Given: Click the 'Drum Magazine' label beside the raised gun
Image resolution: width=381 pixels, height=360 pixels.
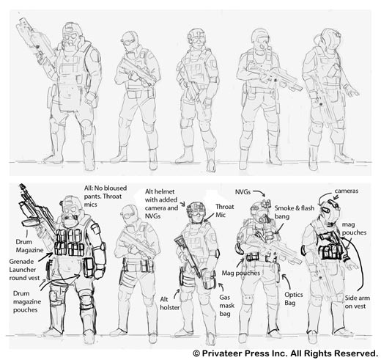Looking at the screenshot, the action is click(29, 246).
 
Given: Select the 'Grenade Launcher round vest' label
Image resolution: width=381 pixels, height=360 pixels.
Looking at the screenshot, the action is click(24, 270).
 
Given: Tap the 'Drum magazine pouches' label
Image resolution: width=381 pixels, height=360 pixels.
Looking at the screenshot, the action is click(27, 301).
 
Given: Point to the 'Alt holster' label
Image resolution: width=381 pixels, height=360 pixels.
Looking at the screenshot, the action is click(170, 304).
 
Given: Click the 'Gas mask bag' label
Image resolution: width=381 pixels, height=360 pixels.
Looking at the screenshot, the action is click(226, 306).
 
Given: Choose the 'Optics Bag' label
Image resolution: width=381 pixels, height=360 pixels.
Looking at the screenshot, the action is click(294, 298).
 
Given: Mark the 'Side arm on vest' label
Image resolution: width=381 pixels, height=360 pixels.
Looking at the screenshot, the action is click(358, 302).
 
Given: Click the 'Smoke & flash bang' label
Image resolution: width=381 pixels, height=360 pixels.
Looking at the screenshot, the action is click(295, 212).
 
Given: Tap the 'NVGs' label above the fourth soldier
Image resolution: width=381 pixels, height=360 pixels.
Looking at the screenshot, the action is click(243, 192).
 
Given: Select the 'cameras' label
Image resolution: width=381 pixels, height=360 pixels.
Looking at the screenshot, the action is click(346, 191).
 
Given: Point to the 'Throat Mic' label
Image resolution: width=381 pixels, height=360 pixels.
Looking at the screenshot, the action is click(225, 210).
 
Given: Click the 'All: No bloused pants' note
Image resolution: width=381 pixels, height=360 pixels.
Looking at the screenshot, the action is click(106, 192).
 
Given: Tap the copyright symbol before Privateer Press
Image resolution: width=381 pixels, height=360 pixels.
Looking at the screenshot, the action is click(196, 353).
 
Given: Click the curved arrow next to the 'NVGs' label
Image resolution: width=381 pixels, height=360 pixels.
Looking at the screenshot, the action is click(260, 192).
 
